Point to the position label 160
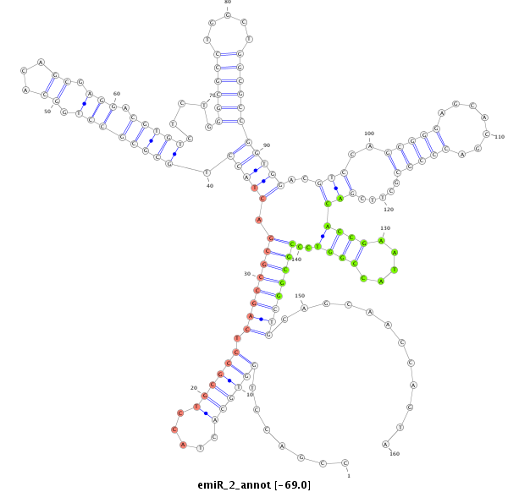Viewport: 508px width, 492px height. pyautogui.click(x=394, y=454)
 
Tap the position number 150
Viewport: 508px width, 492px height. pyautogui.click(x=299, y=296)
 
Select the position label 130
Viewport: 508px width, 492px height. pyautogui.click(x=385, y=228)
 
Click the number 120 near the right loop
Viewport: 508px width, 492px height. pyautogui.click(x=388, y=209)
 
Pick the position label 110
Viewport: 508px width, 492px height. pyautogui.click(x=499, y=137)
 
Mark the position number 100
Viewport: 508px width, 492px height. pyautogui.click(x=369, y=134)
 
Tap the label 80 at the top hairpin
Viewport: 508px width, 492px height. pyautogui.click(x=227, y=3)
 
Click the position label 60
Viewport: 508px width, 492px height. pyautogui.click(x=117, y=94)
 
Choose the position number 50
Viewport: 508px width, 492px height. pyautogui.click(x=47, y=111)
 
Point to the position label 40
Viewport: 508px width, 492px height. pyautogui.click(x=210, y=185)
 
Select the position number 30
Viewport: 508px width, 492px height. pyautogui.click(x=248, y=274)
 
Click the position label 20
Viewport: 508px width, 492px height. pyautogui.click(x=193, y=388)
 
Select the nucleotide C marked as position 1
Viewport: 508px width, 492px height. pyautogui.click(x=345, y=463)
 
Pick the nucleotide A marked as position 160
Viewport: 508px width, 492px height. pyautogui.click(x=385, y=444)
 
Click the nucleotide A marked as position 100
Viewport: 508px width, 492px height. pyautogui.click(x=369, y=146)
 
